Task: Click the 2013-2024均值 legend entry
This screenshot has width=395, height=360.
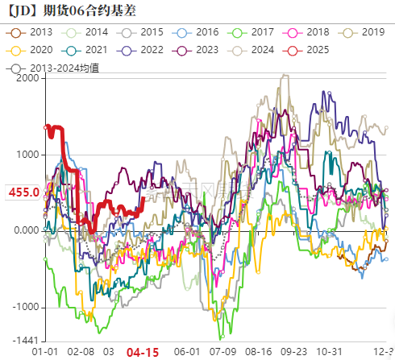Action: tap(58, 68)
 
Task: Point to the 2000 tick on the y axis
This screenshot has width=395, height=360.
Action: tap(27, 78)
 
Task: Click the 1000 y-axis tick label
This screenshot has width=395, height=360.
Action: tap(27, 155)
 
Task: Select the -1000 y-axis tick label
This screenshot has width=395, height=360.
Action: tap(25, 307)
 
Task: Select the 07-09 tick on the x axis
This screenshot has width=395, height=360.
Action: tap(222, 352)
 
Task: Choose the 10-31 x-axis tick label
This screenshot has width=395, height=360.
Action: tap(328, 352)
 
